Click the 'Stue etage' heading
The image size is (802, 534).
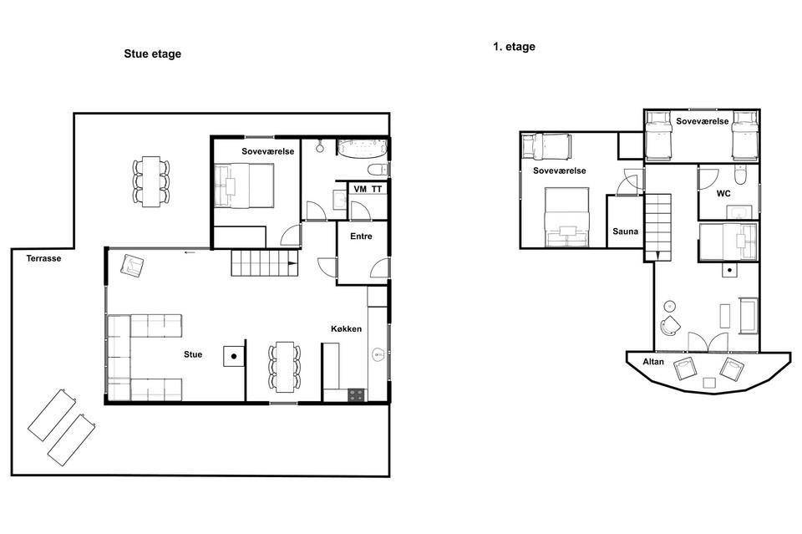point(152,54)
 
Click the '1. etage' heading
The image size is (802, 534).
point(514,47)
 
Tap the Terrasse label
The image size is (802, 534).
point(43,258)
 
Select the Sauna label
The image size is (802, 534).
point(625,231)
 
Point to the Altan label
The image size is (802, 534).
point(653,362)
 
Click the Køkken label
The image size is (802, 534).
point(346,329)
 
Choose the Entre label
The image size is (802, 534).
point(361,236)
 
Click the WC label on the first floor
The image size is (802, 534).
point(723,193)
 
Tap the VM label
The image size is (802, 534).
point(360,189)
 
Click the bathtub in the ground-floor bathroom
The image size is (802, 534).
point(362,147)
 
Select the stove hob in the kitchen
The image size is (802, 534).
point(357,395)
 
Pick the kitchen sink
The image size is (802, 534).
point(378,353)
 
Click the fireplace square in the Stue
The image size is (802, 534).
point(234,356)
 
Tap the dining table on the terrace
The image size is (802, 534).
point(151,181)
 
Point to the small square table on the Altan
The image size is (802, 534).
point(709,383)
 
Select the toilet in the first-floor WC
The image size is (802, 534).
point(740,174)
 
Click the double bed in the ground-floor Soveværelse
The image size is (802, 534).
point(244,186)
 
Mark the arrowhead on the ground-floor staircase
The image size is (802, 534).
point(292,264)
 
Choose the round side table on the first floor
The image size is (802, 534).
point(669,306)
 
